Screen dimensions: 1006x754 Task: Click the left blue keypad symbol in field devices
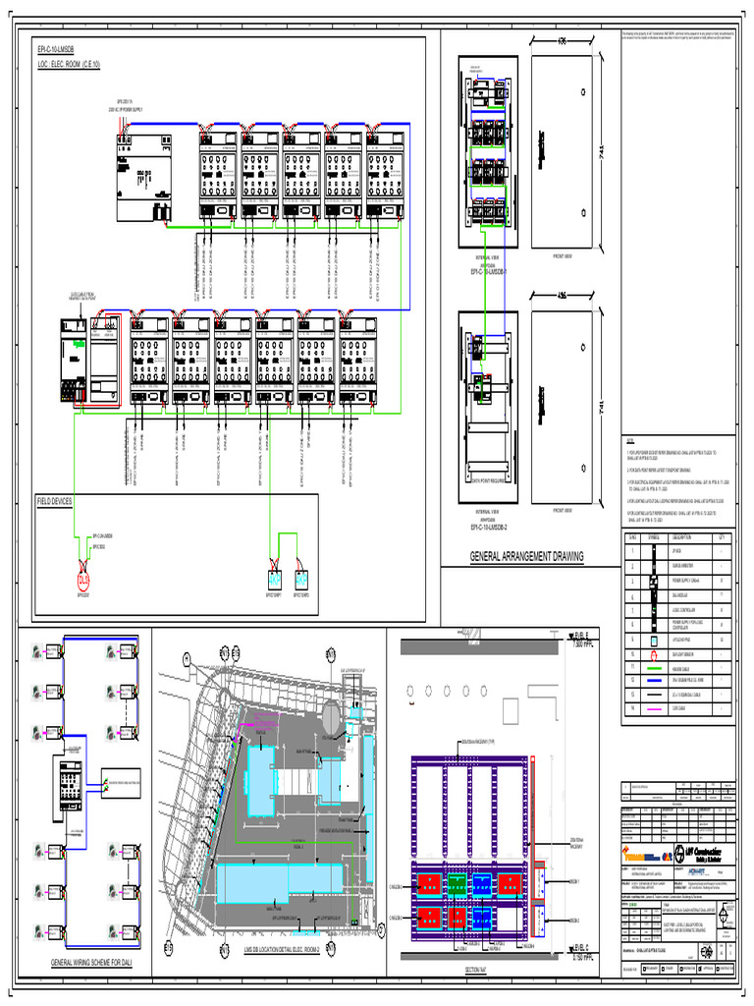point(275,579)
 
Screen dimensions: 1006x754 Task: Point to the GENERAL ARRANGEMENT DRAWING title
point(525,557)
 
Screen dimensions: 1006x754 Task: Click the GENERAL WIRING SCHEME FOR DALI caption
point(83,964)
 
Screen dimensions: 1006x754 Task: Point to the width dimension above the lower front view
point(562,297)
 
